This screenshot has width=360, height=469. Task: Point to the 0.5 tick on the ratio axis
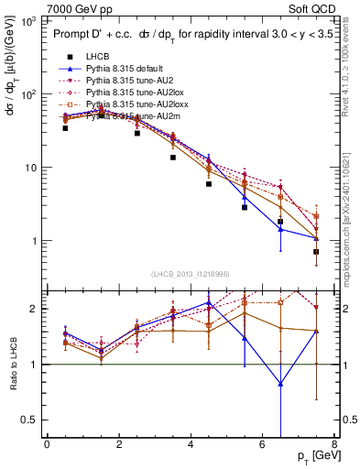[x=28, y=420]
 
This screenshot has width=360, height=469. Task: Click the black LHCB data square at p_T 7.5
[x=316, y=252]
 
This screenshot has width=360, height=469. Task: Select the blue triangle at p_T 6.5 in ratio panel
[x=280, y=384]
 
